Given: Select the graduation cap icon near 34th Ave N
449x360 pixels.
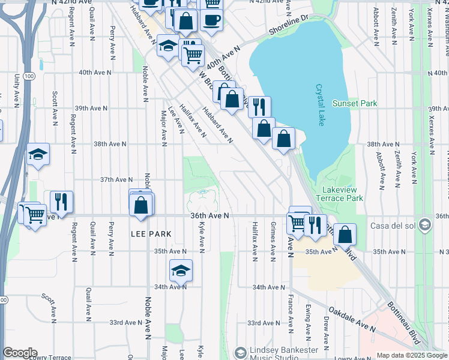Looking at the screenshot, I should point(181,271).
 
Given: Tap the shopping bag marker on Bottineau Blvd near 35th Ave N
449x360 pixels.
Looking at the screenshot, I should point(345,234).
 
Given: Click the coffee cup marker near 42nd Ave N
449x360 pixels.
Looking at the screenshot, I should point(211,20).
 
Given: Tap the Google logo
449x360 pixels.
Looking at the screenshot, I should point(20,353).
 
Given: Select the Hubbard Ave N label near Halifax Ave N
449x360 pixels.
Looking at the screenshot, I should point(217,125).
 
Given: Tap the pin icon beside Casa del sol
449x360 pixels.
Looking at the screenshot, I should point(425,226).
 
